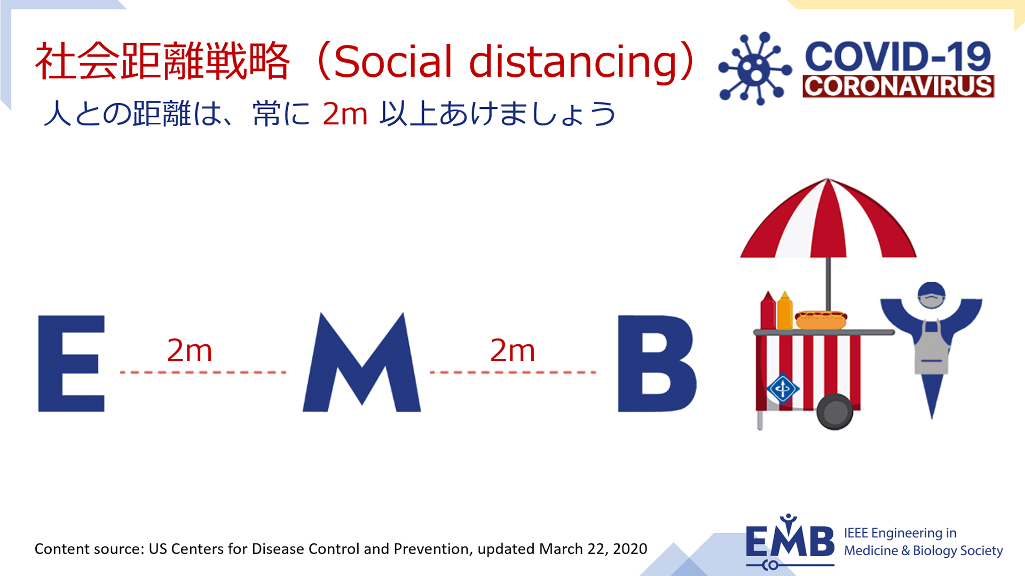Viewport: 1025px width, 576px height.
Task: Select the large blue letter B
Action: click(x=656, y=364)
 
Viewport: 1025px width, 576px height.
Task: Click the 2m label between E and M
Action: click(x=190, y=351)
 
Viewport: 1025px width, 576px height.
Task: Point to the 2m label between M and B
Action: click(x=512, y=351)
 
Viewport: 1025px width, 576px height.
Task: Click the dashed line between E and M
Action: click(x=203, y=372)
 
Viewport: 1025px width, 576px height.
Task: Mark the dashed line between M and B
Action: click(x=513, y=372)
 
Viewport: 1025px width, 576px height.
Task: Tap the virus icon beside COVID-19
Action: click(x=755, y=69)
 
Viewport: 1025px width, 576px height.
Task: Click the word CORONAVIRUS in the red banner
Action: click(x=898, y=86)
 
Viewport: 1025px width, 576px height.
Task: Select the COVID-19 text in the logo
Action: click(x=898, y=57)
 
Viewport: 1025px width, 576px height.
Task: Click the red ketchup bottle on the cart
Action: click(x=768, y=311)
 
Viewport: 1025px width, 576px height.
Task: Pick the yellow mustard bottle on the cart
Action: click(x=785, y=311)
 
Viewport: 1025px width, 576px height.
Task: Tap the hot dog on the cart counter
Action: click(x=821, y=320)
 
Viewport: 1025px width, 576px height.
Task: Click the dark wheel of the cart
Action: click(x=835, y=412)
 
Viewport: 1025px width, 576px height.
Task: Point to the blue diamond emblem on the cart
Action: click(x=783, y=389)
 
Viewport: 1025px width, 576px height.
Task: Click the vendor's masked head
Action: click(x=932, y=295)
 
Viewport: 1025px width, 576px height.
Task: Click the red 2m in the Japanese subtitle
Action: click(x=345, y=114)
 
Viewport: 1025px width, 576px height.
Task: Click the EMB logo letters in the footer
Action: click(x=790, y=540)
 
